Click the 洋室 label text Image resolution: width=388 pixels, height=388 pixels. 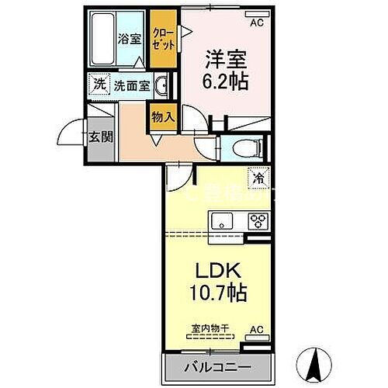pyautogui.click(x=226, y=57)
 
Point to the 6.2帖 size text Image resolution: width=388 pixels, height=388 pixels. pyautogui.click(x=227, y=81)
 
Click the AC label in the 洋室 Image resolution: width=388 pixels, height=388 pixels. pyautogui.click(x=257, y=23)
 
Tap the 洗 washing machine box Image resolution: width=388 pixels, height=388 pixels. pyautogui.click(x=99, y=84)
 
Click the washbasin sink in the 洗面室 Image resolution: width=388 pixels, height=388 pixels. pyautogui.click(x=163, y=85)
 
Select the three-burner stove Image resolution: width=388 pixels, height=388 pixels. pyautogui.click(x=255, y=220)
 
